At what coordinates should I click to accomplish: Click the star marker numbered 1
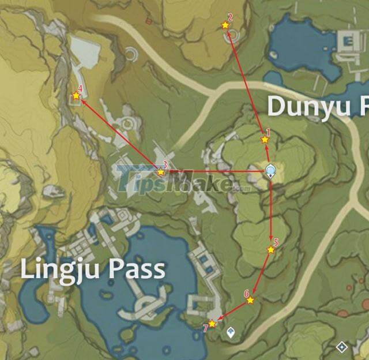[265, 139]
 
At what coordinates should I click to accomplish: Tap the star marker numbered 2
[225, 25]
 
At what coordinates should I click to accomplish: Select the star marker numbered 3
[161, 172]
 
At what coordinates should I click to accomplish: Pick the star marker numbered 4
[76, 96]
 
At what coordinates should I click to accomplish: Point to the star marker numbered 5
[270, 250]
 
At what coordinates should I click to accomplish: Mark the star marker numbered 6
[250, 300]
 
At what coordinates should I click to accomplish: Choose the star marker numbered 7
[212, 324]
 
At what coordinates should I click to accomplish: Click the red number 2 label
[230, 17]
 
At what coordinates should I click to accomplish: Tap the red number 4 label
[80, 89]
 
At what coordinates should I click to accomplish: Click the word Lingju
[61, 270]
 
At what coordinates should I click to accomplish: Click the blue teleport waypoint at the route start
[270, 171]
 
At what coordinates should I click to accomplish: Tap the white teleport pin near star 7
[231, 332]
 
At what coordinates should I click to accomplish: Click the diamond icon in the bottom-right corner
[342, 347]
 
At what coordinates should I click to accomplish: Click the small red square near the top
[148, 21]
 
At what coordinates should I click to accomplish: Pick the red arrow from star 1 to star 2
[244, 81]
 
